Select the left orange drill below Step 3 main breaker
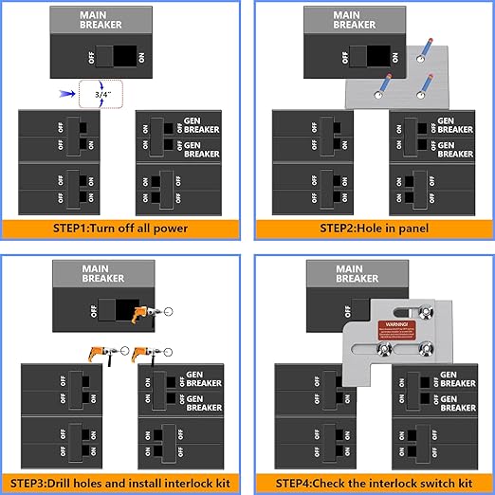101,353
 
